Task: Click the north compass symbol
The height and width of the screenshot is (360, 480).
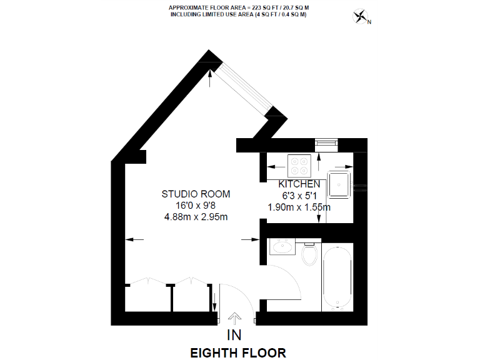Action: [x=361, y=17]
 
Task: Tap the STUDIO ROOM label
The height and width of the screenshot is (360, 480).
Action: [x=196, y=193]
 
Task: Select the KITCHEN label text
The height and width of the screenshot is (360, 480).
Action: [x=299, y=184]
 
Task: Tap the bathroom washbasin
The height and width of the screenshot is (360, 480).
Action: [x=282, y=248]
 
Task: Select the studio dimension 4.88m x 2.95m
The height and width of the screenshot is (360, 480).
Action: [x=196, y=217]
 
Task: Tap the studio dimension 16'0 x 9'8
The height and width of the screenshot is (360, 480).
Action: [x=196, y=205]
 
